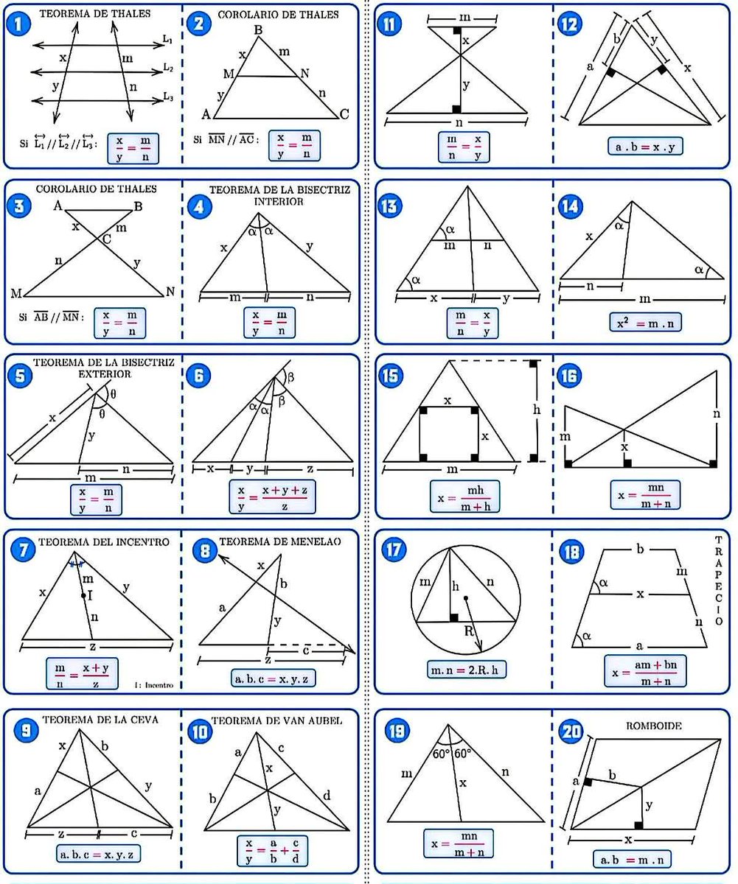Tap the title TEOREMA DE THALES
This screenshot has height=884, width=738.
[x=94, y=14]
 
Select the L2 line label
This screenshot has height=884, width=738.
[x=168, y=68]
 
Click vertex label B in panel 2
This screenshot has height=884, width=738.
[x=258, y=30]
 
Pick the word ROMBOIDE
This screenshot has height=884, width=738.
[x=653, y=726]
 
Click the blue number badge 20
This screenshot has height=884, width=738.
[x=571, y=732]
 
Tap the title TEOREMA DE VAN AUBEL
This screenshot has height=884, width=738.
[x=276, y=720]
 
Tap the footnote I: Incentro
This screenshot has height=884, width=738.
[x=153, y=684]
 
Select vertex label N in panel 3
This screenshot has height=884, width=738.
[x=170, y=292]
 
